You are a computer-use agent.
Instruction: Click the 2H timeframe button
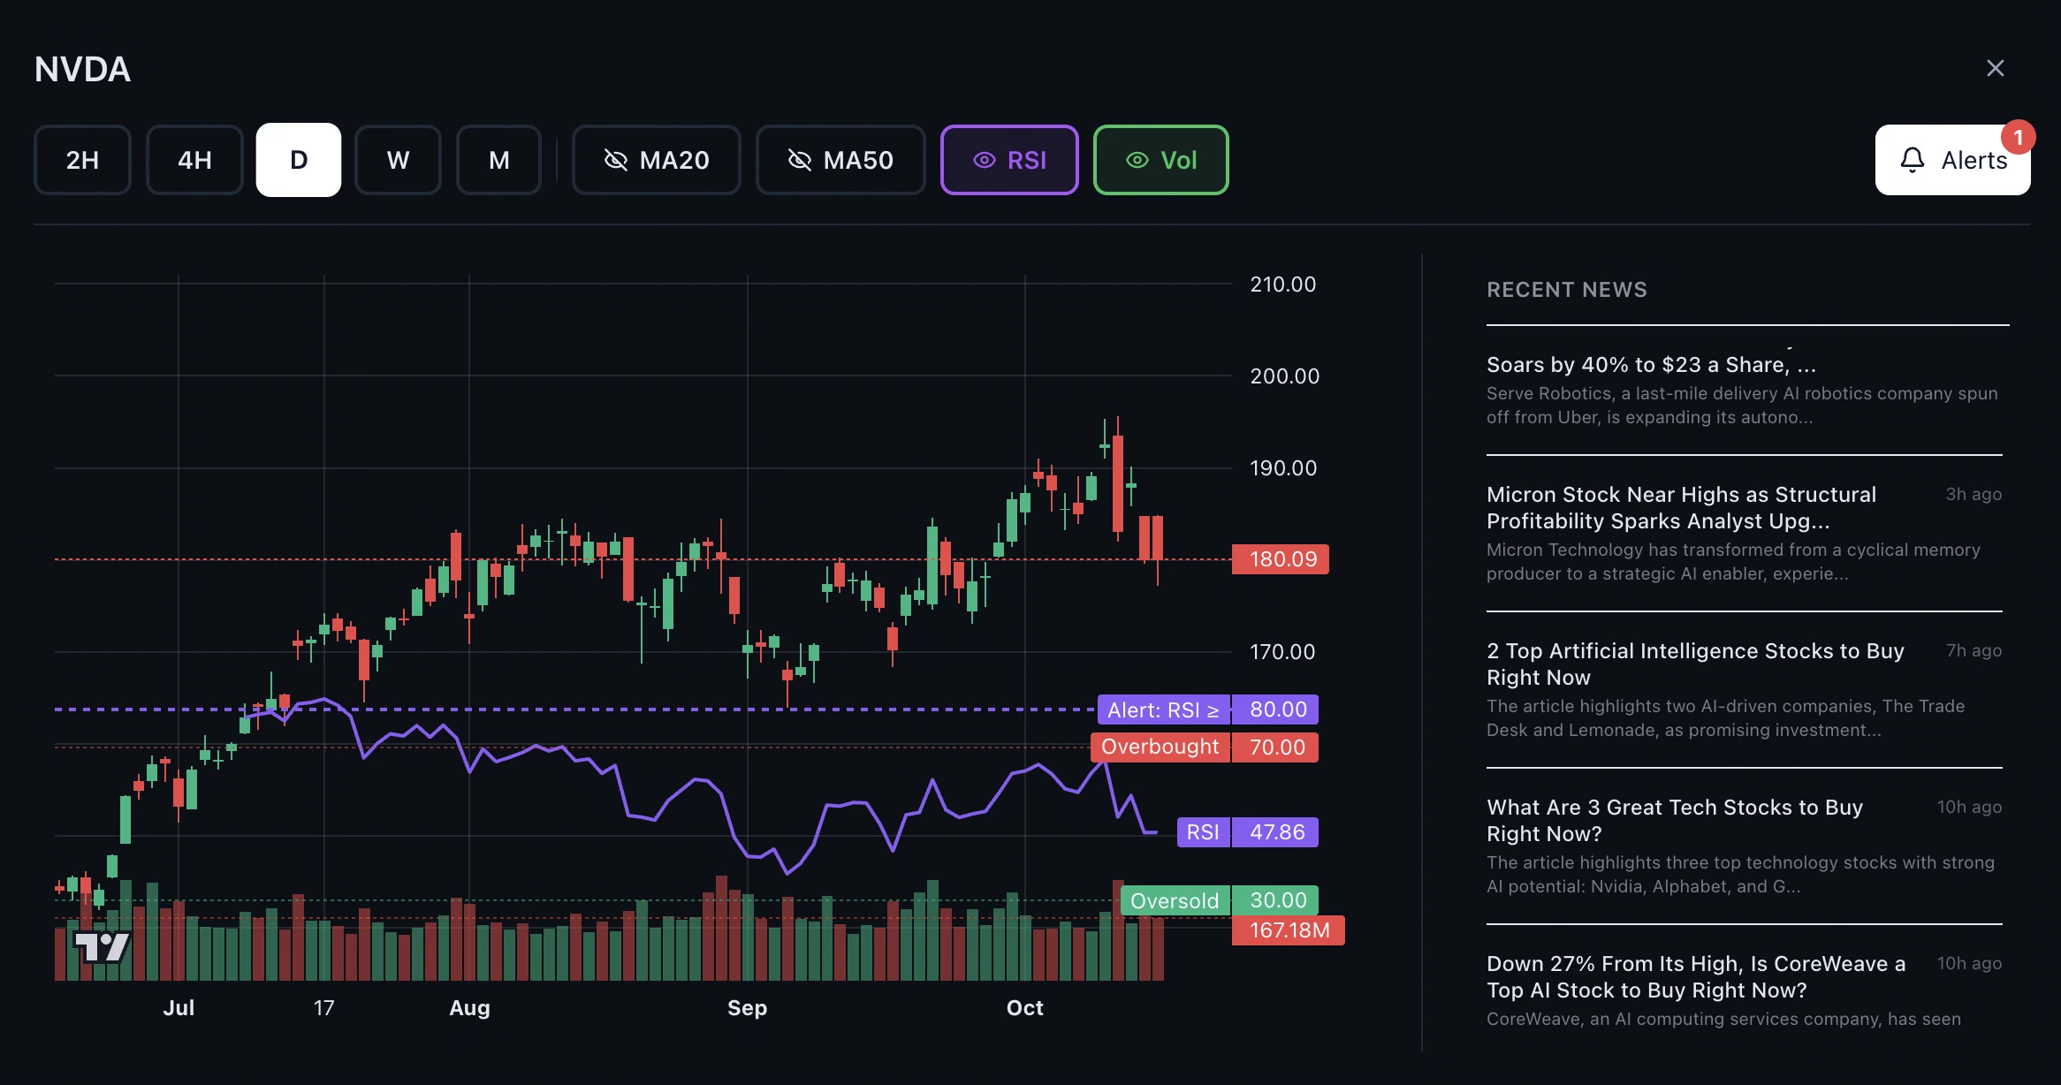point(82,160)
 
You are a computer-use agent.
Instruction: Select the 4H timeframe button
point(194,160)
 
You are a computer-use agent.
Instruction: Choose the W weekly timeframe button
point(398,160)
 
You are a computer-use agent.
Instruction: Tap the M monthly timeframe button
point(498,160)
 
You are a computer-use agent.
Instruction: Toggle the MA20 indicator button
point(656,160)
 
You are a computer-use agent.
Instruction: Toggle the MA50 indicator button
point(840,160)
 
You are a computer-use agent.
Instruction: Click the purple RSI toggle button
point(1009,160)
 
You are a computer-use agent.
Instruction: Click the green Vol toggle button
point(1160,160)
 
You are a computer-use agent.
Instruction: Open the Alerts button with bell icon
point(1952,160)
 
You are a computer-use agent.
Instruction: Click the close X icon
point(1995,68)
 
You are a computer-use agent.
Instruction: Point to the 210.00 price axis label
point(1282,285)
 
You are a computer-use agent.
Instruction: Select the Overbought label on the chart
point(1160,747)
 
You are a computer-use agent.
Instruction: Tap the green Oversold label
point(1175,901)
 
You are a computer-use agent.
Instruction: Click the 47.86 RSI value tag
point(1276,832)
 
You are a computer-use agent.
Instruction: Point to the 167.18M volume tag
point(1289,930)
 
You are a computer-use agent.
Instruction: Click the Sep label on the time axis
point(747,1008)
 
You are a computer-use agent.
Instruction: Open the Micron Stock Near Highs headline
point(1681,508)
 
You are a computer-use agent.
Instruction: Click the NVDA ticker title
point(82,69)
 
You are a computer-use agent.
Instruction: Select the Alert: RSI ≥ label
point(1163,709)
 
